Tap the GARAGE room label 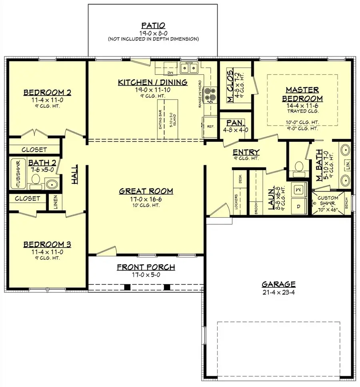coord(278,284)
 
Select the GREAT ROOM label coord(146,191)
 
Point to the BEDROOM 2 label coord(47,93)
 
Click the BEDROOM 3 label coord(47,244)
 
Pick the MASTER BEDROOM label coord(302,94)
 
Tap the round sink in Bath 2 coord(52,184)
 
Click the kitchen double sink coord(189,68)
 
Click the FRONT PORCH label coord(146,267)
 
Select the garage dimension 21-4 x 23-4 coord(278,293)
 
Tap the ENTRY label coord(246,152)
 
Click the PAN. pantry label coord(235,123)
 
